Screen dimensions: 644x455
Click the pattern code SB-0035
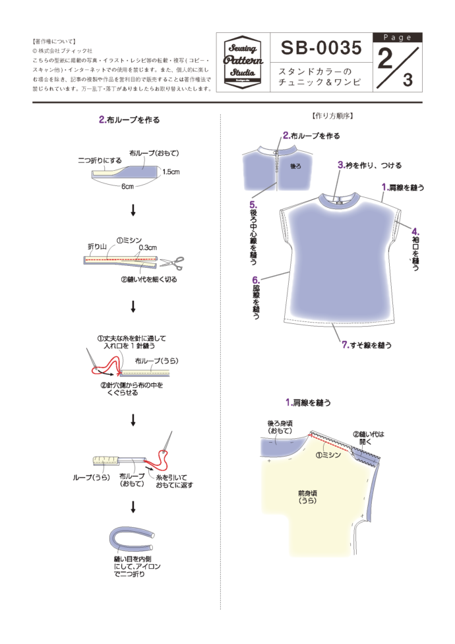point(321,48)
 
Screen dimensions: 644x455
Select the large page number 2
point(385,61)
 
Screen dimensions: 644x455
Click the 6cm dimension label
point(127,187)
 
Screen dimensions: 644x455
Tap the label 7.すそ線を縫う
point(367,344)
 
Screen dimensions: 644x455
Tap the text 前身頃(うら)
point(307,496)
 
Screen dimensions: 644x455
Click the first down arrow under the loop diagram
point(133,210)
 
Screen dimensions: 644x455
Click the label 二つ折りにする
point(98,160)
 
